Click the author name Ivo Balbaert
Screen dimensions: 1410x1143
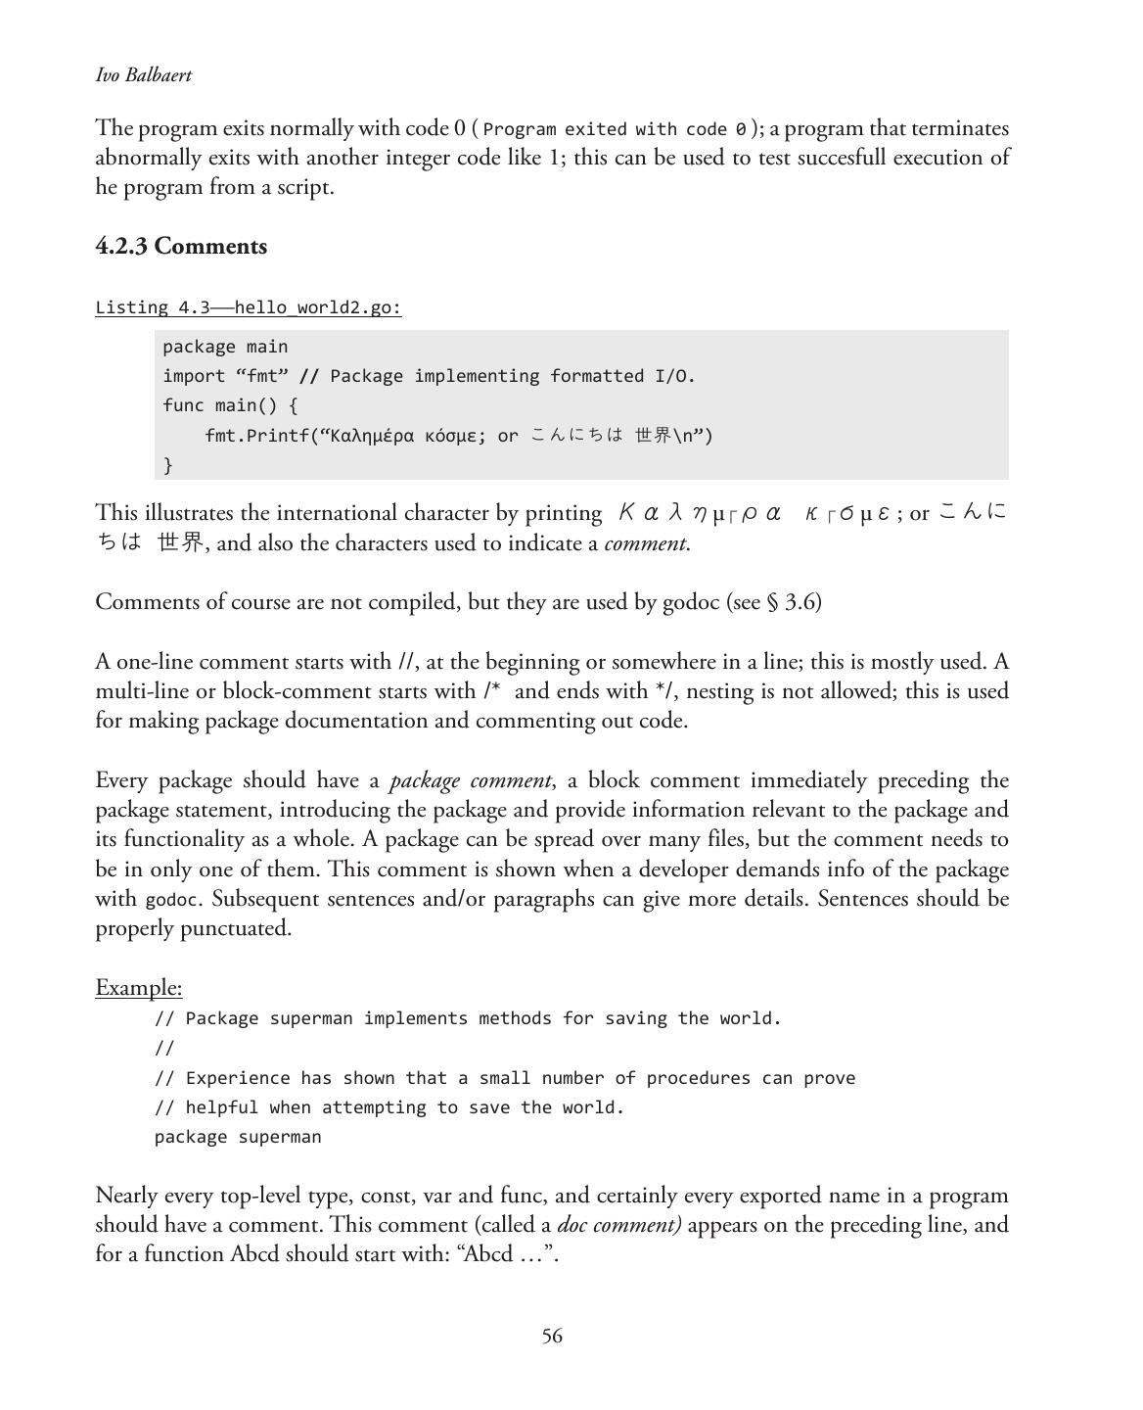pos(144,75)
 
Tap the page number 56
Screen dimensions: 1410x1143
pos(552,1337)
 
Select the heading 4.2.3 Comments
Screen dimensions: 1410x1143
pos(181,246)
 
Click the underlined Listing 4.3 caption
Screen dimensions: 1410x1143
pos(248,307)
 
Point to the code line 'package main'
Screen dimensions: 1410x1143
pos(225,347)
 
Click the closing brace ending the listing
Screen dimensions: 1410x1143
pos(168,465)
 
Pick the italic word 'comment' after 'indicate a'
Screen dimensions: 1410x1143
pos(646,543)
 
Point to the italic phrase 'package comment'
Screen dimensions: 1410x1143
pos(471,781)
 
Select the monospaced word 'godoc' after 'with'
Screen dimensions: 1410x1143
pos(170,900)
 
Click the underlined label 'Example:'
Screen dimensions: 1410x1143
pos(139,987)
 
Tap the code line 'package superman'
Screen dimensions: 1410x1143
pos(238,1137)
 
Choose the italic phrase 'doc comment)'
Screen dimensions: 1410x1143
pos(619,1226)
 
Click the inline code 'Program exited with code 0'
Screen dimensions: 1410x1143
pos(616,129)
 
